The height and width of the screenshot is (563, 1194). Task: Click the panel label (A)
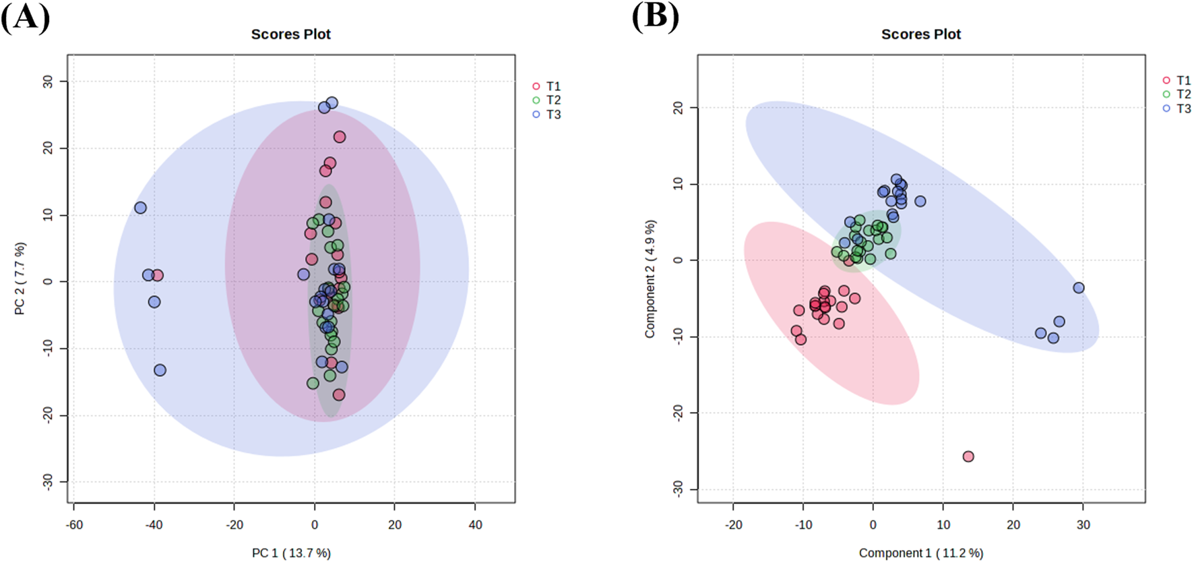pyautogui.click(x=25, y=17)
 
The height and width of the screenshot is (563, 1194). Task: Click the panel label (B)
pyautogui.click(x=655, y=17)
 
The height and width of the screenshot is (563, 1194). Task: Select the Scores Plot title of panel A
pyautogui.click(x=290, y=34)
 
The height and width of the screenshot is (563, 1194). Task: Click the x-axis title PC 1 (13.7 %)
pyautogui.click(x=291, y=553)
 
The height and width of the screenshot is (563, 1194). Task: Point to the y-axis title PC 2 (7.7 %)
pyautogui.click(x=20, y=278)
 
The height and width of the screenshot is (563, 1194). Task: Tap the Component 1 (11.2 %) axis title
pyautogui.click(x=920, y=553)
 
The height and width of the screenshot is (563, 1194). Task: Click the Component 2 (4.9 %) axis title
pyautogui.click(x=650, y=278)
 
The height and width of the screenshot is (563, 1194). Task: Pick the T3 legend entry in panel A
pyautogui.click(x=553, y=115)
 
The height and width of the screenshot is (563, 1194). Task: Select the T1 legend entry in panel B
pyautogui.click(x=1183, y=80)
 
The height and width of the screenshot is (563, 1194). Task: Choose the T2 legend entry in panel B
pyautogui.click(x=1183, y=94)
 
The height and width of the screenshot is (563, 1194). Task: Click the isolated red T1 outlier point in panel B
pyautogui.click(x=968, y=456)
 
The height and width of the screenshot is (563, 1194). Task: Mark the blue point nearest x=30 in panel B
pyautogui.click(x=1079, y=288)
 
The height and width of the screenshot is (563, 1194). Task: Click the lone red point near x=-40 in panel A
pyautogui.click(x=158, y=275)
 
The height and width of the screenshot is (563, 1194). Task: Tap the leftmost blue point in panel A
pyautogui.click(x=140, y=208)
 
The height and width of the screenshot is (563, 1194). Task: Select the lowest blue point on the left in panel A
pyautogui.click(x=160, y=370)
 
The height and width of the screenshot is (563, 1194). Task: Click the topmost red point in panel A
pyautogui.click(x=340, y=137)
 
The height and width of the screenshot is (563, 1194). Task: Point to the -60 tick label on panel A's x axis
pyautogui.click(x=75, y=525)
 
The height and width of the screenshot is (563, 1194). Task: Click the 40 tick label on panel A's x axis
pyautogui.click(x=475, y=525)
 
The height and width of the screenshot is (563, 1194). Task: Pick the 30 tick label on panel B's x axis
pyautogui.click(x=1083, y=525)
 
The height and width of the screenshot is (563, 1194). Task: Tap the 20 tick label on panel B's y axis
pyautogui.click(x=678, y=108)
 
